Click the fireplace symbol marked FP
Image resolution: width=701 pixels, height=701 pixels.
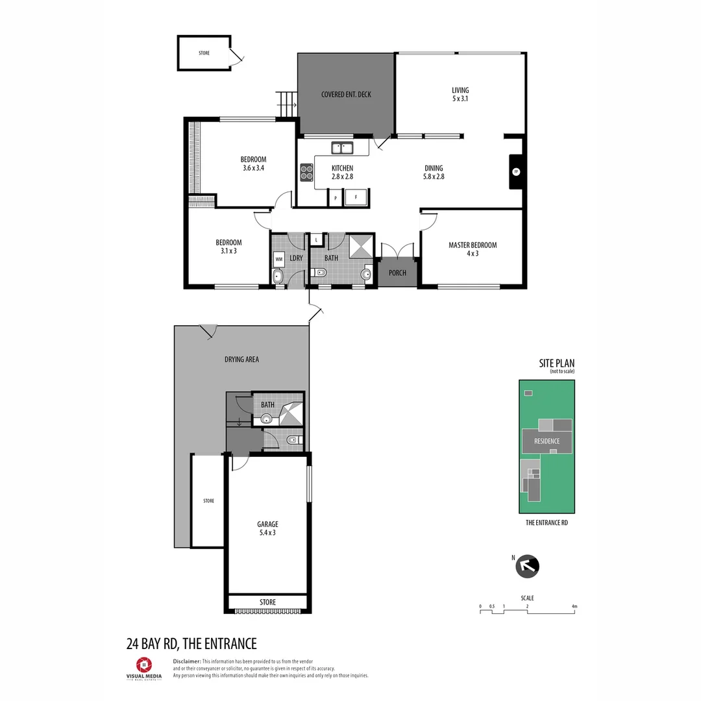[516, 172]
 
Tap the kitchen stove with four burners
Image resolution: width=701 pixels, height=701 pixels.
[306, 172]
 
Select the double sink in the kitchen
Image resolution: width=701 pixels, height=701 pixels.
[341, 149]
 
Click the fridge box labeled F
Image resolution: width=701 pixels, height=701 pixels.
[356, 197]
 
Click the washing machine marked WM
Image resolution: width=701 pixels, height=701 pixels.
[279, 259]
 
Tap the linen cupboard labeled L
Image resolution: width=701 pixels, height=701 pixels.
[315, 240]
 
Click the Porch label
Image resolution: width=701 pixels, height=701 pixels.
[397, 273]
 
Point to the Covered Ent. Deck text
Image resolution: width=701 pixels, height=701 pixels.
[346, 95]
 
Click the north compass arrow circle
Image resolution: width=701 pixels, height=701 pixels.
[527, 566]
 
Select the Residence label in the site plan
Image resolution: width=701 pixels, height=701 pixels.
[547, 441]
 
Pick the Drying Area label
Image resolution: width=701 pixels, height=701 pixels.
[241, 359]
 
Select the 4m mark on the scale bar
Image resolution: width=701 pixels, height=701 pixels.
[574, 607]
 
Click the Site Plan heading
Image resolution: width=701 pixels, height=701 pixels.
[556, 363]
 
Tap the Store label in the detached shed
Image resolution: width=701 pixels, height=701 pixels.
[204, 53]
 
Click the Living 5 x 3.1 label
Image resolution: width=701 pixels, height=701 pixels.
[460, 95]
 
